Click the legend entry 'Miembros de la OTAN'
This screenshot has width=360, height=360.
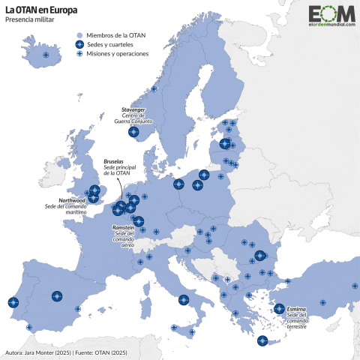tap(115, 34)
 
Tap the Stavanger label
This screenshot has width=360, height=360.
tap(139, 109)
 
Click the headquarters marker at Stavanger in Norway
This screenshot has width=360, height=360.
tap(134, 132)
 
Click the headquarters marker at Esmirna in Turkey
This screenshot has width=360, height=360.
tap(279, 308)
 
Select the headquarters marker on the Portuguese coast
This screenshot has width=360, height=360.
tap(13, 303)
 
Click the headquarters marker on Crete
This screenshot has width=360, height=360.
tap(262, 341)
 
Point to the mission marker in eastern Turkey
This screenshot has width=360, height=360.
tap(354, 286)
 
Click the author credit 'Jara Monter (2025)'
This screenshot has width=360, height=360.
tap(46, 352)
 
